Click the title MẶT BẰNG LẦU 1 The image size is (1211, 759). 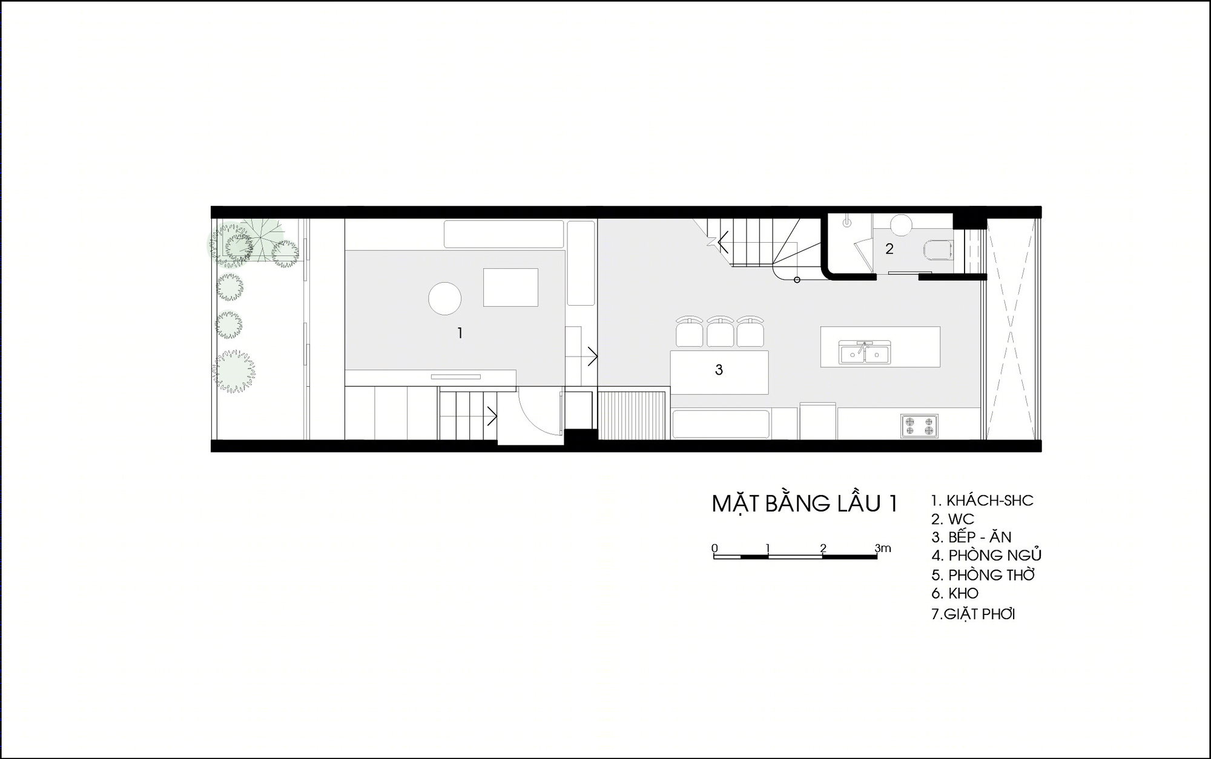804,504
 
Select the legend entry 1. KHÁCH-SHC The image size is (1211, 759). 982,501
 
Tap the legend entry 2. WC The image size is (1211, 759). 952,519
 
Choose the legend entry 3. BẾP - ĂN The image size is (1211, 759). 971,537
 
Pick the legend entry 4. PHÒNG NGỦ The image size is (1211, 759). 986,555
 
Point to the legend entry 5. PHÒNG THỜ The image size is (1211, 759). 983,574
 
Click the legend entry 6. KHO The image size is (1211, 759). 955,593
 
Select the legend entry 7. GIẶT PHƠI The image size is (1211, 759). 973,614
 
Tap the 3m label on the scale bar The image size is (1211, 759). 883,548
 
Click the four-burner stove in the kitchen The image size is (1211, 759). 919,425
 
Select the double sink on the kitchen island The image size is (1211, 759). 864,352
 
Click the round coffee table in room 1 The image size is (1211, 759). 445,298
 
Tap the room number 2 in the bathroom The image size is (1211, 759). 889,249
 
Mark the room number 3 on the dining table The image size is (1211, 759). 719,370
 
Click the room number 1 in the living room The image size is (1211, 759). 460,333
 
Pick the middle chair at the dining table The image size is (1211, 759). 720,332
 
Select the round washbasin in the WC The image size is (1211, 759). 901,225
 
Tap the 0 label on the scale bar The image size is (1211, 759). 714,548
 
